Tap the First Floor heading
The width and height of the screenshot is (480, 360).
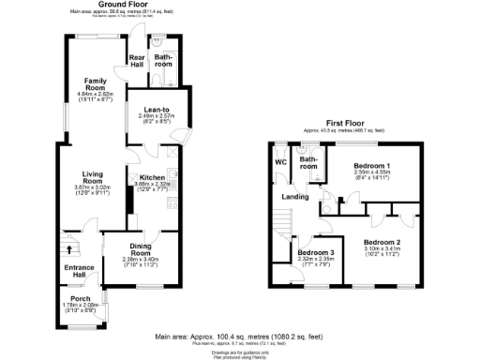344,123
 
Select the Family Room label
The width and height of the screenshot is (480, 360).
95,83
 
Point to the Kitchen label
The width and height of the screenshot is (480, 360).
152,177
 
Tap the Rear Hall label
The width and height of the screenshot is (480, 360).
136,62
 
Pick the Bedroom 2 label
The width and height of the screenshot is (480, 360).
382,242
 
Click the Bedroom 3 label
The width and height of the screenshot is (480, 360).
315,252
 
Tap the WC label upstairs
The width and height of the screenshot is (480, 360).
280,161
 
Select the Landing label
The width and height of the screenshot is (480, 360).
298,196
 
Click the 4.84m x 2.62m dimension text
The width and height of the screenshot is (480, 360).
95,94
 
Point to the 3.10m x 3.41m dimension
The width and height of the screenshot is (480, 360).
382,252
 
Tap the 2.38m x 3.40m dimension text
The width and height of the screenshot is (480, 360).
141,259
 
